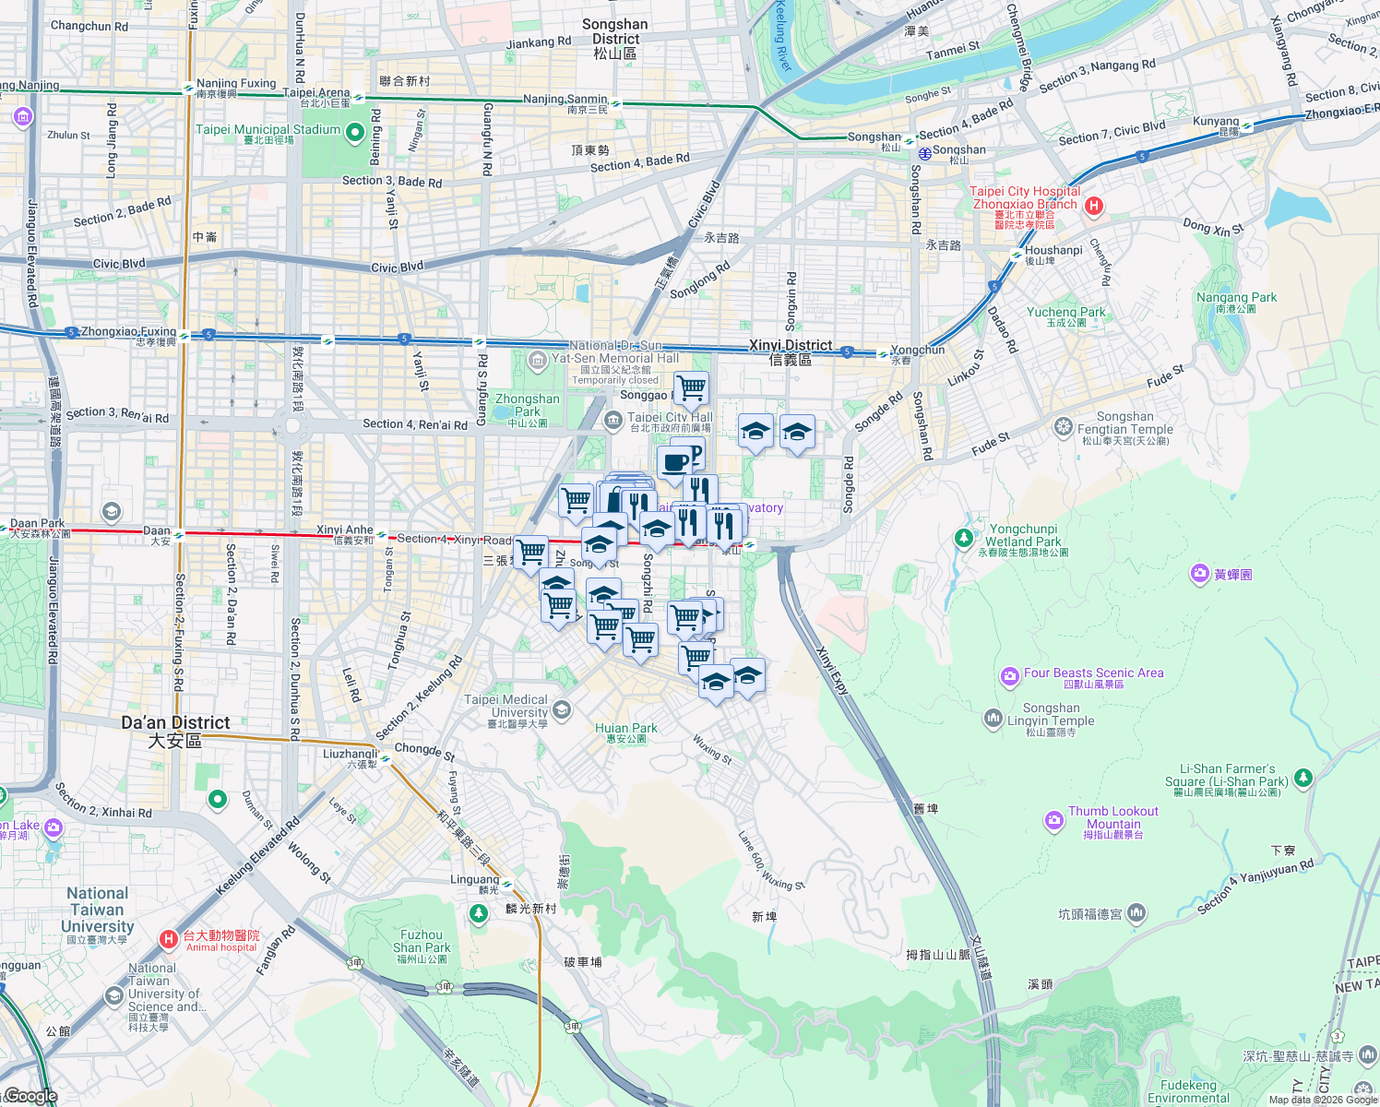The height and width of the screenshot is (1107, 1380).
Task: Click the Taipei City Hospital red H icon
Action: point(1093,206)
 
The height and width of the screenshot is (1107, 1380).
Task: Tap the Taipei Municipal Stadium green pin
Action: point(355,133)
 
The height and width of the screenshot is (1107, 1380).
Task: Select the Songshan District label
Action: point(615,39)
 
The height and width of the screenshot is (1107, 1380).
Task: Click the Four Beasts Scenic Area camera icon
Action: point(1009,676)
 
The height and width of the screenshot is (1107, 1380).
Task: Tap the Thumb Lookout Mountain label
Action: point(1113,818)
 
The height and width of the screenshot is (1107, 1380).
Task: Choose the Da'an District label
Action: point(175,731)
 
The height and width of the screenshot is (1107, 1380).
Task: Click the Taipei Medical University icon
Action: point(562,709)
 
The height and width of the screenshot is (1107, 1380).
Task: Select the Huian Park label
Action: point(626,732)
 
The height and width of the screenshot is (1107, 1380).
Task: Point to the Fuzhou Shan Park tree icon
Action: point(478,913)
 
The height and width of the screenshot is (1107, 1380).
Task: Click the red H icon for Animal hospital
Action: point(168,939)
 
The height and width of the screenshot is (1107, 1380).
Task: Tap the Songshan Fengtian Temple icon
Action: point(1064,426)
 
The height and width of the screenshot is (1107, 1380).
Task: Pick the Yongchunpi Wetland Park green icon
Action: point(964,537)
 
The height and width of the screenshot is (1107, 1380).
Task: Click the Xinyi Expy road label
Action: point(832,669)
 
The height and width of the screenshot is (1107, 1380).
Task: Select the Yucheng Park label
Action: point(1065,316)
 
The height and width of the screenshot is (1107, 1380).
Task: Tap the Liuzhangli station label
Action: point(351,755)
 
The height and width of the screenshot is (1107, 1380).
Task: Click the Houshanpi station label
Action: point(1053,251)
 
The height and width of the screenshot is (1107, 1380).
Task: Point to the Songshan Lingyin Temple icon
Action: point(993,717)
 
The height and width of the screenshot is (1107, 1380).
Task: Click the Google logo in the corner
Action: point(30,1096)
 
